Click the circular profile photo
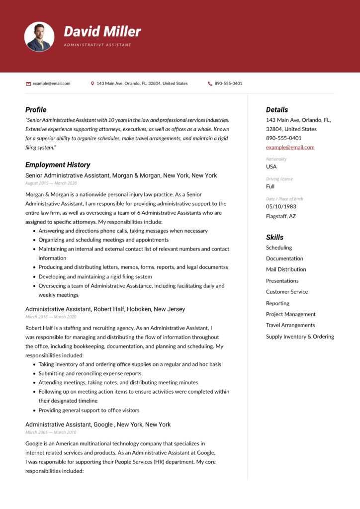(x=39, y=37)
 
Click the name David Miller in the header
(x=102, y=32)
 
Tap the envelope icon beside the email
(x=28, y=84)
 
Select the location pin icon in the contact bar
(x=92, y=84)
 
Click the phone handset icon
(x=210, y=84)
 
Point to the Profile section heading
(x=36, y=110)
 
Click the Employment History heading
(x=58, y=165)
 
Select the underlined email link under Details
(x=290, y=147)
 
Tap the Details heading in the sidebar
(x=276, y=110)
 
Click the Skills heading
(x=274, y=237)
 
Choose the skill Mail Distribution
(x=286, y=269)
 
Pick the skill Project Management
(x=290, y=314)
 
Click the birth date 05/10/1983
(x=281, y=206)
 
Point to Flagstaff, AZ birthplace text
(x=281, y=216)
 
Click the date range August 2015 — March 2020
(x=51, y=183)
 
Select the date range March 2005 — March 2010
(x=51, y=432)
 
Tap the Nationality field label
(x=276, y=159)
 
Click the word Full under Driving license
(x=270, y=186)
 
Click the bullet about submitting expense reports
(x=90, y=373)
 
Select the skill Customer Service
(x=287, y=292)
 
